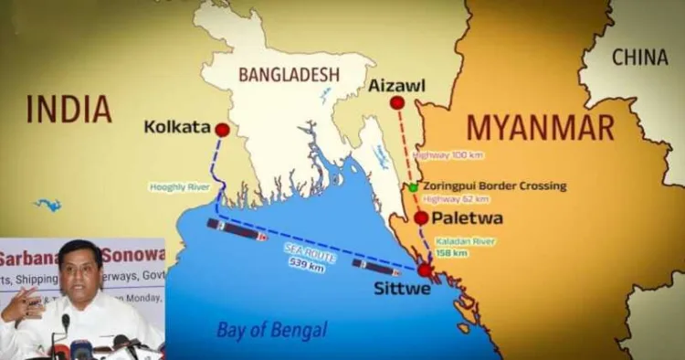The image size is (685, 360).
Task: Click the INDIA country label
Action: pyautogui.click(x=69, y=109)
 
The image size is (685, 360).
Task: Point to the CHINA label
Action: pyautogui.click(x=639, y=58)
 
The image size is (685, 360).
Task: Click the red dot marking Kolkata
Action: pyautogui.click(x=222, y=130)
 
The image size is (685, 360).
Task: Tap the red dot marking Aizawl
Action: pyautogui.click(x=396, y=102)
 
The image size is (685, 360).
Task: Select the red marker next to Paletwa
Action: pyautogui.click(x=420, y=217)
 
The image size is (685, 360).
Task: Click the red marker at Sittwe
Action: pyautogui.click(x=425, y=270)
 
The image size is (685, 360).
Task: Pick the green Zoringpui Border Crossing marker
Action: pyautogui.click(x=413, y=186)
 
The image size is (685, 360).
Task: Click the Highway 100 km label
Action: pyautogui.click(x=445, y=156)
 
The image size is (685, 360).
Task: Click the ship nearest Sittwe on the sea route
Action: pyautogui.click(x=375, y=267)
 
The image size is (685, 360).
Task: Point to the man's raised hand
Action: pyautogui.click(x=20, y=305)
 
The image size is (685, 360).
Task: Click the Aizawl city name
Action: pyautogui.click(x=397, y=85)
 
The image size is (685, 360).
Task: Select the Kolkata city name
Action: pyautogui.click(x=177, y=127)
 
